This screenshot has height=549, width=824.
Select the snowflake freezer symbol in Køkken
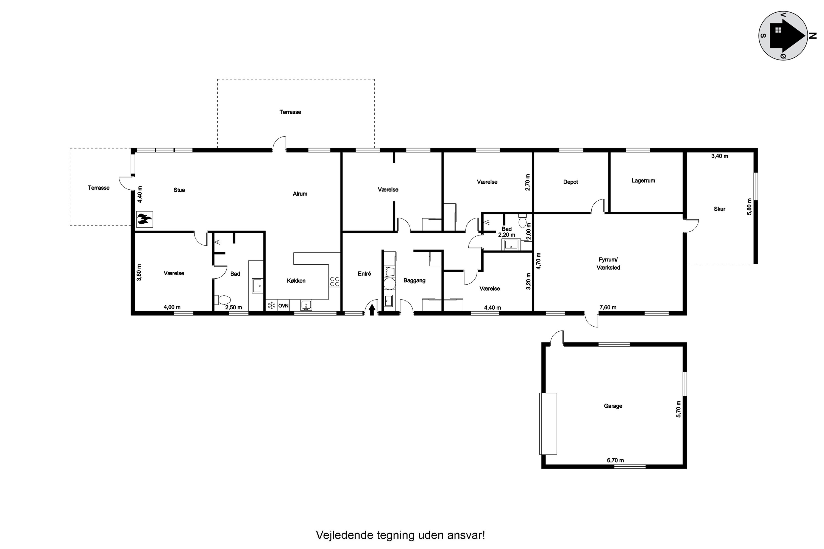pos(271,306)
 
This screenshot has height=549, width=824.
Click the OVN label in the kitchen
pos(283,306)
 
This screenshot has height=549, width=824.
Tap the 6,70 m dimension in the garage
pos(615,460)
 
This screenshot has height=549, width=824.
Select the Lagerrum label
pos(643,181)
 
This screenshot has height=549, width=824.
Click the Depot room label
pos(570,182)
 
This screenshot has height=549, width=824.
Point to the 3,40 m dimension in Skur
pos(719,156)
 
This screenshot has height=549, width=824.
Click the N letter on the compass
pos(812,35)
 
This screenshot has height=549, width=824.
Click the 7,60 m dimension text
pos(608,307)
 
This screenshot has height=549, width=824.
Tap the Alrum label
pos(300,194)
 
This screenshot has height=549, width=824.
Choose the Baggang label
pos(414,281)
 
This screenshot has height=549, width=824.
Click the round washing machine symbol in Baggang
pos(389,284)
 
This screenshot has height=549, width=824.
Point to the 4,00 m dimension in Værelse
pos(172,307)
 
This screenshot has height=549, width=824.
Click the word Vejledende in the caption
pos(344,535)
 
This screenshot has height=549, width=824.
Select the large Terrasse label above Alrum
pos(290,112)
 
